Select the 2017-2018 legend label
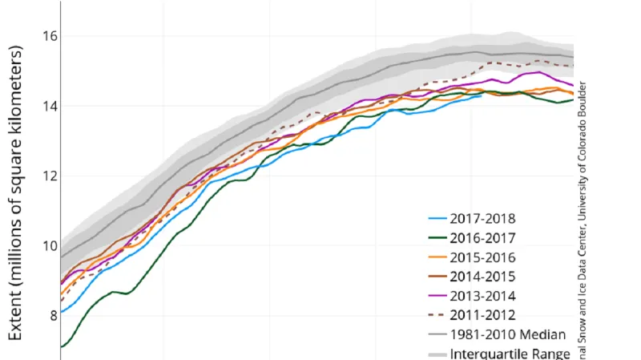[x=482, y=217]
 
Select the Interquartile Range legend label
[x=510, y=354]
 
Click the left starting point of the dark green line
[x=61, y=346]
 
